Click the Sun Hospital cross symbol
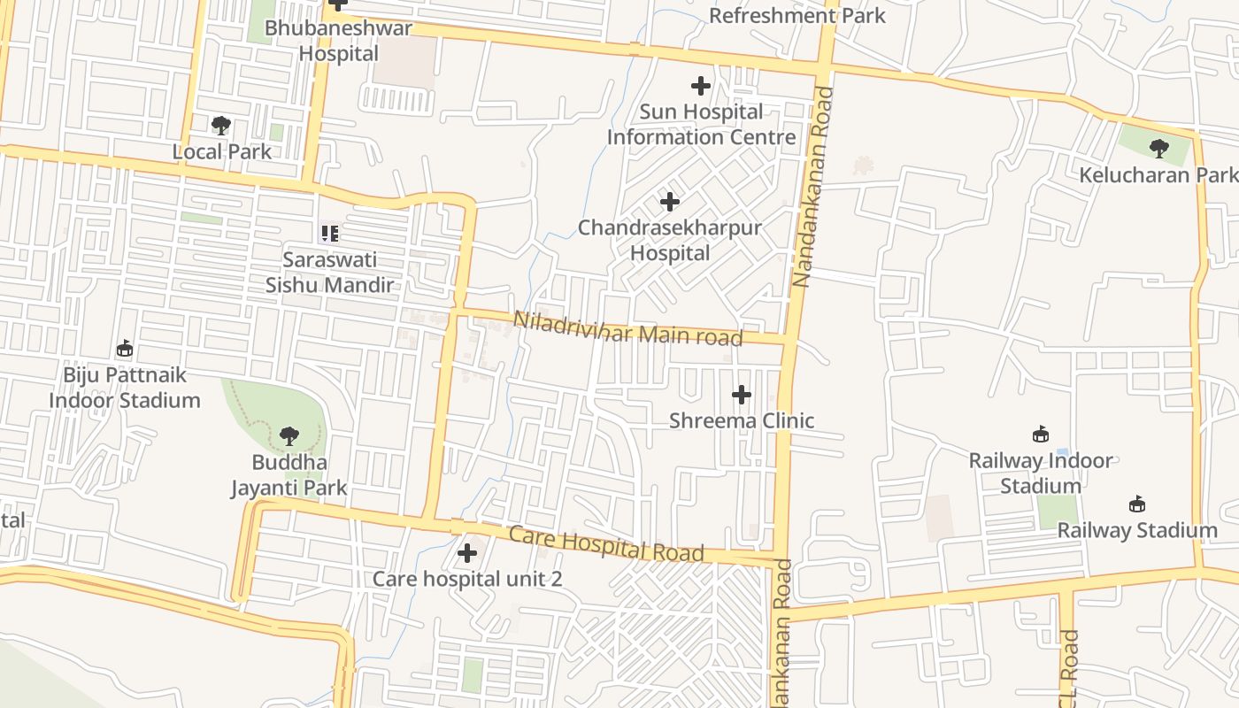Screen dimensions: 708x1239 (700, 86)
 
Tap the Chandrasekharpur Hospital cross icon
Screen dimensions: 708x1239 (670, 202)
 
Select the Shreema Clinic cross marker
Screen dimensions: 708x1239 (742, 395)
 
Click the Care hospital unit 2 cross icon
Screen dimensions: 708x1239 (466, 554)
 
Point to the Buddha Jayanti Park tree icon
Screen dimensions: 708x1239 (289, 435)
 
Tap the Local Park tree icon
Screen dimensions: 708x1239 (221, 126)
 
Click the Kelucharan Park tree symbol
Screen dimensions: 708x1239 (1158, 148)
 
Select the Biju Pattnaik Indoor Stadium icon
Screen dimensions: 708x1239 (125, 349)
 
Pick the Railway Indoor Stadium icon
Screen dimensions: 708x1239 (1041, 435)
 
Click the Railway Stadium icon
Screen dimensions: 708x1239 (1137, 504)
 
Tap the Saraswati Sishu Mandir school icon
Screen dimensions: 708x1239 (329, 234)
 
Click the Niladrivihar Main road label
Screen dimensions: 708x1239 (627, 328)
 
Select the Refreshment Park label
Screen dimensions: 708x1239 (796, 16)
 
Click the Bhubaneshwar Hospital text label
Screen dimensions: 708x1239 (338, 41)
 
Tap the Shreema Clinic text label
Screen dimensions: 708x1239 (742, 420)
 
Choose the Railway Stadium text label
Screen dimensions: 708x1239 (1137, 530)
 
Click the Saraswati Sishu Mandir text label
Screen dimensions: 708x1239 (329, 273)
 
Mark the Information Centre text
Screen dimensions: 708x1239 (701, 137)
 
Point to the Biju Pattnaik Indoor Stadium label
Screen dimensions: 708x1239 (125, 388)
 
